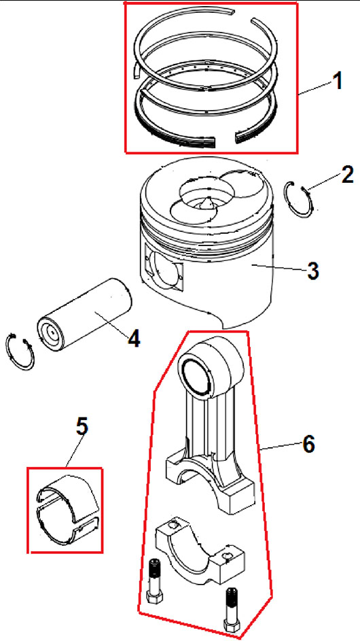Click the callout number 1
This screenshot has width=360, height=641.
click(337, 82)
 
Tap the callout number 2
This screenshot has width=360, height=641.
click(347, 176)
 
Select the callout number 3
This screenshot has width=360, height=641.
click(312, 271)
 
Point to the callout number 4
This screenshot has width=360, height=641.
click(134, 339)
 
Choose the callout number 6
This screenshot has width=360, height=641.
click(309, 444)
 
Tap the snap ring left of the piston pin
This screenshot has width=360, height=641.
click(20, 352)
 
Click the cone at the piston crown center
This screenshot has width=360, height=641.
click(206, 203)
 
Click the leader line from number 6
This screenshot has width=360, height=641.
click(281, 447)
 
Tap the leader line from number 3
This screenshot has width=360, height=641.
click(278, 267)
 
